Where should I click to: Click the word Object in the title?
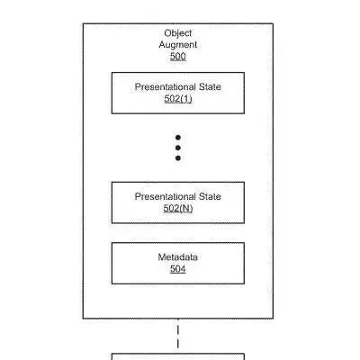click(178, 33)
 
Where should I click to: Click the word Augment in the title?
click(178, 45)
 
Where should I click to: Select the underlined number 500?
click(178, 57)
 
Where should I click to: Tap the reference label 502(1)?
click(178, 99)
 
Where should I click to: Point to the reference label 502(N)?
click(178, 208)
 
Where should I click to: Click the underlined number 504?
click(178, 269)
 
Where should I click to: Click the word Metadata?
click(178, 257)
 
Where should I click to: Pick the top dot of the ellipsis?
click(178, 138)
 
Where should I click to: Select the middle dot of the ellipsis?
click(178, 148)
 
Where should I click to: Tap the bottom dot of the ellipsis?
click(178, 158)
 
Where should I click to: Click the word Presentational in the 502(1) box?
click(161, 87)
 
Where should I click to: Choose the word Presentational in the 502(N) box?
click(161, 196)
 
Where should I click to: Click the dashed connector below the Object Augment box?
click(178, 337)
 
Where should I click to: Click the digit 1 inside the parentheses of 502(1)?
click(185, 99)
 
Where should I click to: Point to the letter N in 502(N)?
click(185, 208)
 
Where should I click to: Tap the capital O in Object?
click(167, 33)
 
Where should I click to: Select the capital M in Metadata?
click(162, 257)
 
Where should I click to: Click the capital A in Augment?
click(162, 45)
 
